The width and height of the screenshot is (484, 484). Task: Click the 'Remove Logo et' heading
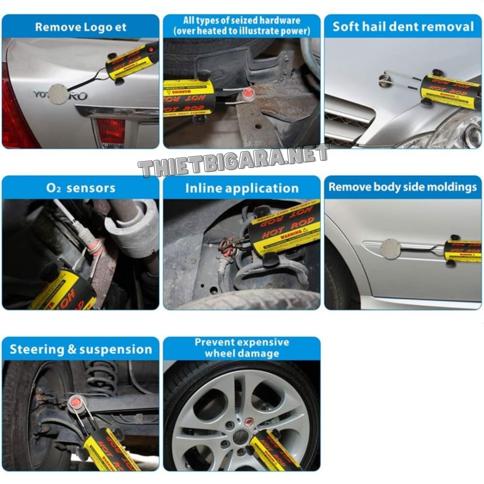(81, 27)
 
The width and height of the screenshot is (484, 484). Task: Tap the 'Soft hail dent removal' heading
(403, 27)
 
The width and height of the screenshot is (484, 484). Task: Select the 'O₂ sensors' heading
(81, 188)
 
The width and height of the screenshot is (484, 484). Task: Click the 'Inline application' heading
(242, 188)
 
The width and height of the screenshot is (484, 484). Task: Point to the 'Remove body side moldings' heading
(403, 187)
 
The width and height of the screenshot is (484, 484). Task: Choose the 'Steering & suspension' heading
(81, 349)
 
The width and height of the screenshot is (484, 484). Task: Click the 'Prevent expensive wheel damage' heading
(242, 348)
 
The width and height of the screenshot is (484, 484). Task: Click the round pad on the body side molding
(390, 248)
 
